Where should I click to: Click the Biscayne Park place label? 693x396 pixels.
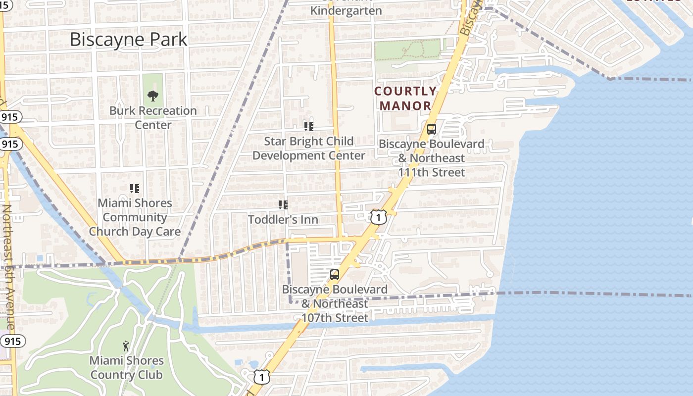tap(128, 40)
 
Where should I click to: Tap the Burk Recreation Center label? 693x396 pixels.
tap(153, 117)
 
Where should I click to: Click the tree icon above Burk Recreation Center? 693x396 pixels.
tap(153, 96)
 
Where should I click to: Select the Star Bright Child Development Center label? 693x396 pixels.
tap(309, 148)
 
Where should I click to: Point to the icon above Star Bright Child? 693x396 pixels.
tap(309, 127)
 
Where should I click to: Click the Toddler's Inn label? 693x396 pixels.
tap(283, 219)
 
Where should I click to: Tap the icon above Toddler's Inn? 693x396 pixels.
tap(283, 204)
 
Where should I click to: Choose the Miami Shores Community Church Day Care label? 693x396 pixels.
tap(135, 217)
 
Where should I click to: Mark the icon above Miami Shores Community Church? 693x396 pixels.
tap(135, 188)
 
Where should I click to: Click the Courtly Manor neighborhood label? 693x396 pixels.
tap(405, 99)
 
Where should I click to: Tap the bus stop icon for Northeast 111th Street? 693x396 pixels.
tap(432, 129)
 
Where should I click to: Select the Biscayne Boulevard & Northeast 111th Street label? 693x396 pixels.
tap(432, 158)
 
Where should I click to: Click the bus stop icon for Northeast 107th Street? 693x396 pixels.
tap(335, 275)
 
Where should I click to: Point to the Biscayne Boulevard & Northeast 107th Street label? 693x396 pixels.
tap(335, 303)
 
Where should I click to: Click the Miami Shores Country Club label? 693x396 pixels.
tap(126, 367)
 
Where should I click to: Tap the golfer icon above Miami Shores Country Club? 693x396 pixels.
tap(126, 346)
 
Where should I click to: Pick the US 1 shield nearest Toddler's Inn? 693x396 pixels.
tap(378, 217)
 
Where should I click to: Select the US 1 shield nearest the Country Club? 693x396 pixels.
tap(262, 377)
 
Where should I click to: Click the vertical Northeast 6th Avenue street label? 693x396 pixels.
tap(7, 267)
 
